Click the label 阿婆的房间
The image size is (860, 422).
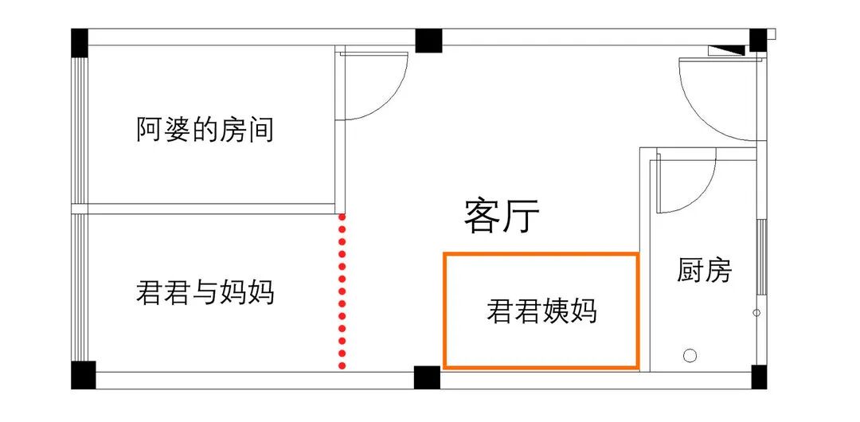pos(205,129)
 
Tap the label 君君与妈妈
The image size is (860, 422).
pos(205,292)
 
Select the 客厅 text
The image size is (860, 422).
pos(502,216)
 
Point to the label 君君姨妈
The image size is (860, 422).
pos(541,311)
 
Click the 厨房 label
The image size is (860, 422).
pos(704,271)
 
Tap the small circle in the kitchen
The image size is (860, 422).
pos(690,355)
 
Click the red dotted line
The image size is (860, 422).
pos(342,291)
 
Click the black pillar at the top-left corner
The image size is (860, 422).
pos(80,41)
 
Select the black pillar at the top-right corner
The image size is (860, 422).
pos(757,40)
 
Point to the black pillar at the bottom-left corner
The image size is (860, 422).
pos(83,375)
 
